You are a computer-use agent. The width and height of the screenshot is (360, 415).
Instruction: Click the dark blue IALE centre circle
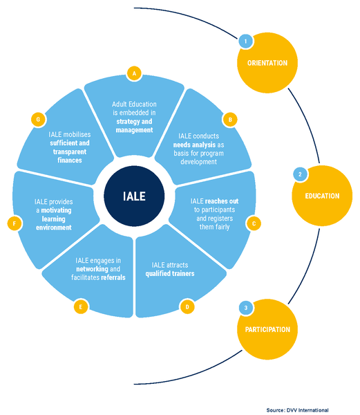tap(134, 196)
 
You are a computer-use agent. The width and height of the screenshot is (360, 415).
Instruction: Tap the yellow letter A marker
tap(134, 73)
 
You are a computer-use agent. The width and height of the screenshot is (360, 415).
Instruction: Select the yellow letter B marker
tap(230, 120)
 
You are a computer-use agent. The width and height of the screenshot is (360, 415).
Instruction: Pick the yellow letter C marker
tap(254, 223)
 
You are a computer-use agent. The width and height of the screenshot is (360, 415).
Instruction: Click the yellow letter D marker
tap(187, 307)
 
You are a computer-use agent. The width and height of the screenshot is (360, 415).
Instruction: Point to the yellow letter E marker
tap(81, 307)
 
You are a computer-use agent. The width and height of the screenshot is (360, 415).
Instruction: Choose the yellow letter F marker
tap(15, 223)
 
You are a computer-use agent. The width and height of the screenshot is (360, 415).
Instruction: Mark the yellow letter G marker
tap(38, 120)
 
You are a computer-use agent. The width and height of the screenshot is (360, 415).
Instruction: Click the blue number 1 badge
tap(246, 41)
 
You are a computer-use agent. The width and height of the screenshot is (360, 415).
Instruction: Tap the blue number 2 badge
tap(300, 174)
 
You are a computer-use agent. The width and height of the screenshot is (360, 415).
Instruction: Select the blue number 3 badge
tap(246, 308)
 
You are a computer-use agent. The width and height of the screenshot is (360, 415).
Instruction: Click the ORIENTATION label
tap(267, 63)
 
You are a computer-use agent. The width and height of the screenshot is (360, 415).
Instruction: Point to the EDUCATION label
tap(322, 196)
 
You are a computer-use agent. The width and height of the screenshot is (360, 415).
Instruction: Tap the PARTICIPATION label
tap(267, 329)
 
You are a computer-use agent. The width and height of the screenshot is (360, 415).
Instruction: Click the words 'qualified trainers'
tap(170, 274)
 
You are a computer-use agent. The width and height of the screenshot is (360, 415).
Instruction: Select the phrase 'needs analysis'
tap(194, 145)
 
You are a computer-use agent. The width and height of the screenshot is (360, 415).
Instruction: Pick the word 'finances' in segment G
tap(70, 160)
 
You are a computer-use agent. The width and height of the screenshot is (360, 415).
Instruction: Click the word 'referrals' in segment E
tap(113, 277)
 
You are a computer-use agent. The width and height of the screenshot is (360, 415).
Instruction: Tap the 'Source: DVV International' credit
tap(297, 410)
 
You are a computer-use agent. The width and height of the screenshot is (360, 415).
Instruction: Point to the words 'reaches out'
tap(222, 201)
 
